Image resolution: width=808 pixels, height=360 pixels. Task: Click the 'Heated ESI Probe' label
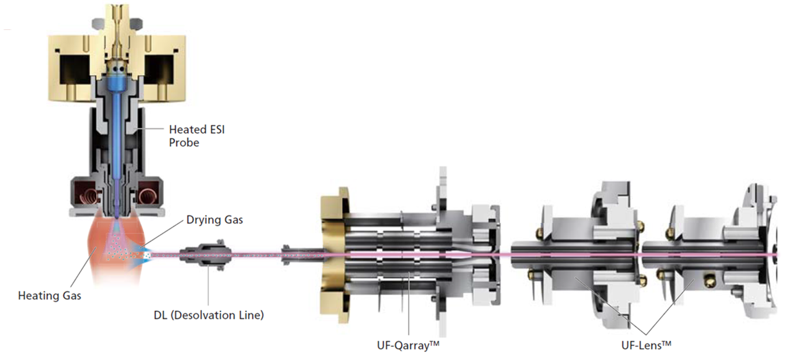coord(197,136)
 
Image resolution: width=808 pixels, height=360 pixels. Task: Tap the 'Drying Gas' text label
coord(215,220)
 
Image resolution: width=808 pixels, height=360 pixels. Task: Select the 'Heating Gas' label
coord(50,296)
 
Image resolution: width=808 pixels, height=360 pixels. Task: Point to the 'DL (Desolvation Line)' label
coord(209,315)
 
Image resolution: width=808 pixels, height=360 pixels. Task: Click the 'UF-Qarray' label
coord(408,345)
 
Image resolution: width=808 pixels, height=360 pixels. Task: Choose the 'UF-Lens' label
coord(646,345)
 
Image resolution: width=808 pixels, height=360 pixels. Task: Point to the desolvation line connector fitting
coord(207,254)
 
